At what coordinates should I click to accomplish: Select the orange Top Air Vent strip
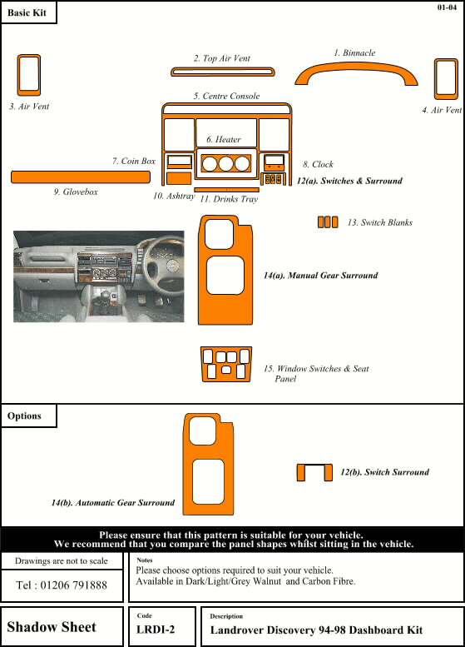tap(211, 72)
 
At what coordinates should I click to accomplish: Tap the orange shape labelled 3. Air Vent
tap(29, 77)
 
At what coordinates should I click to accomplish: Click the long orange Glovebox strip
tap(80, 177)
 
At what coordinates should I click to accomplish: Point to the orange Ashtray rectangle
tap(178, 178)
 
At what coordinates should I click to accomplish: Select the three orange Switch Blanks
tap(328, 222)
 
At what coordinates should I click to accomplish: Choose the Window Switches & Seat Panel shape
tap(226, 364)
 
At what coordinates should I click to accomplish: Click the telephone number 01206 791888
tap(62, 585)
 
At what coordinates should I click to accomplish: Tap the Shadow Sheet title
tap(52, 626)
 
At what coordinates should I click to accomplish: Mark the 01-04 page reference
tap(447, 7)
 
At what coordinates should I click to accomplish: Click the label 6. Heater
tap(224, 139)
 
